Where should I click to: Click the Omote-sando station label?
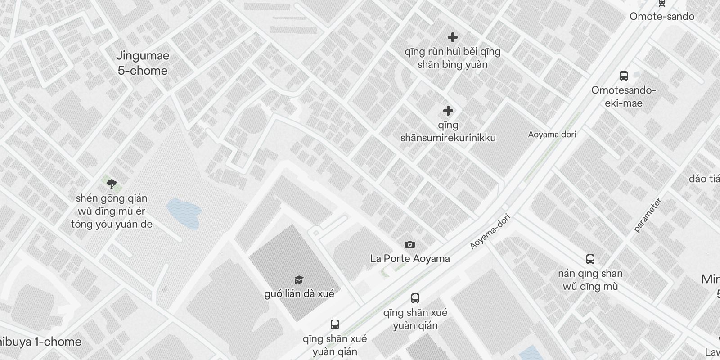[661, 17]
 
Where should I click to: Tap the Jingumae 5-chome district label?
[143, 63]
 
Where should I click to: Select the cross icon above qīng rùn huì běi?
[452, 37]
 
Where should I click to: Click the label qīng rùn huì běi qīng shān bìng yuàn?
[452, 58]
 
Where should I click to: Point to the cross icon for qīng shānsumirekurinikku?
[448, 111]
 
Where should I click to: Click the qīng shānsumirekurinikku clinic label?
[448, 131]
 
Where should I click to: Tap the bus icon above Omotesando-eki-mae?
[623, 76]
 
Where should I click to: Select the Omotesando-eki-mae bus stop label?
[623, 97]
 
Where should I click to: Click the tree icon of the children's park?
[112, 184]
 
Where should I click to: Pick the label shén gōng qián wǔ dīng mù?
[112, 211]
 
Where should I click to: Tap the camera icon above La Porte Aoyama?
[409, 245]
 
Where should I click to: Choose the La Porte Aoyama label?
[409, 259]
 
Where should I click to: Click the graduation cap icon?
[299, 280]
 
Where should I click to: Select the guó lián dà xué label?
[299, 294]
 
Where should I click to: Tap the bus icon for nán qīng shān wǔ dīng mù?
[590, 259]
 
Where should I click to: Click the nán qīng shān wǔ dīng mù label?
[590, 280]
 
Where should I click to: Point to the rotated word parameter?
[648, 215]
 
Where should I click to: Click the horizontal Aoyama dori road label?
[552, 135]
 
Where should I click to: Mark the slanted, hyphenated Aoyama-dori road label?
[490, 231]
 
